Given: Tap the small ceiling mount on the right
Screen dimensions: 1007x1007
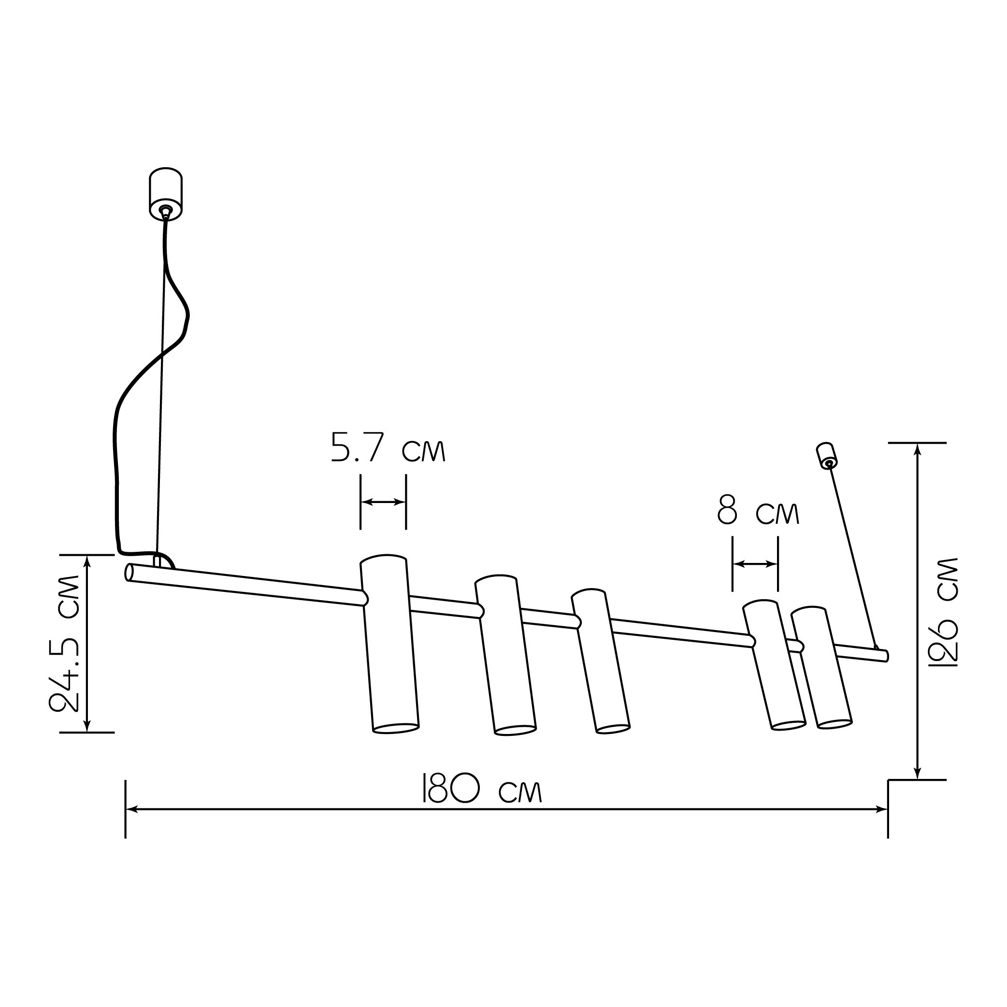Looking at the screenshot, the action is [x=826, y=456].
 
